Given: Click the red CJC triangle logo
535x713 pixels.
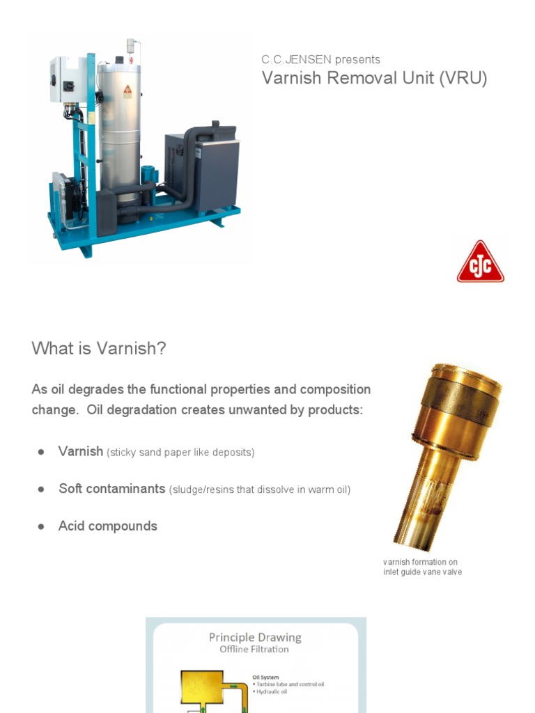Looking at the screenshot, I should [x=480, y=263].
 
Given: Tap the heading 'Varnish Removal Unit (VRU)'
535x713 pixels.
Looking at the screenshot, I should [x=374, y=78].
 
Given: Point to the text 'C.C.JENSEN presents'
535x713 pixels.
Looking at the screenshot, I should [x=320, y=59].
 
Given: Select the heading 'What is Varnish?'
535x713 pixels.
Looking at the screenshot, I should [x=99, y=348].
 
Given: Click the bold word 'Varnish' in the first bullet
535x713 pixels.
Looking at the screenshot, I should [x=81, y=451].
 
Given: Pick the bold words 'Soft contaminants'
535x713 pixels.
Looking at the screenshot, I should [x=111, y=489].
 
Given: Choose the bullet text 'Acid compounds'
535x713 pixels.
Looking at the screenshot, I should [x=108, y=526].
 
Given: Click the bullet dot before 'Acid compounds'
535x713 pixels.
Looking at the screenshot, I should [x=41, y=526].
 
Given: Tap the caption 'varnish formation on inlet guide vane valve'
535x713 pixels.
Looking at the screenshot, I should [x=422, y=567].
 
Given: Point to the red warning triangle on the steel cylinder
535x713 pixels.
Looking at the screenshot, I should [x=127, y=91].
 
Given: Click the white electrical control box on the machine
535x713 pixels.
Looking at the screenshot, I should [x=68, y=79].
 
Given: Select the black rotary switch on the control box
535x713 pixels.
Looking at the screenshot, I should [x=68, y=86].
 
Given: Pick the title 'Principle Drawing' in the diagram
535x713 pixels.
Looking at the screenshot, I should [x=255, y=637].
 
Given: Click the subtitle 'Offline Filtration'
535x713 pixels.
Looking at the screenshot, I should [x=254, y=649].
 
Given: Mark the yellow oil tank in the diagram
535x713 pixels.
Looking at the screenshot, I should [x=201, y=686].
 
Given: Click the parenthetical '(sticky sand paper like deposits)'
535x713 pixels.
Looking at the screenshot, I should [x=180, y=453].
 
